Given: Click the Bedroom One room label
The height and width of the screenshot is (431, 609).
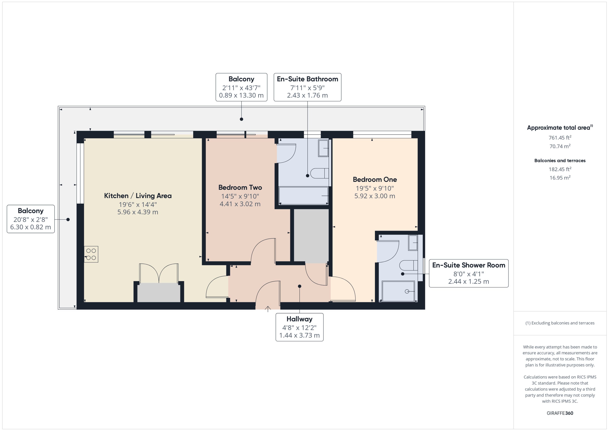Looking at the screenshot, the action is pyautogui.click(x=375, y=179).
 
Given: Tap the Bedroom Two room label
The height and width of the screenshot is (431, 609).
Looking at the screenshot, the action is pyautogui.click(x=240, y=187).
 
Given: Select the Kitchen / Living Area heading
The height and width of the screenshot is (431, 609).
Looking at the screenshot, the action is pyautogui.click(x=138, y=196).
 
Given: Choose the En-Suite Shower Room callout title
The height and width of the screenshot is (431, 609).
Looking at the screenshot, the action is pyautogui.click(x=469, y=265).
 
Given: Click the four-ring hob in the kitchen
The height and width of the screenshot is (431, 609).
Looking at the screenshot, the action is pyautogui.click(x=91, y=254).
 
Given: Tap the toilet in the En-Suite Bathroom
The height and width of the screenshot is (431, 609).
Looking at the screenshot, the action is pyautogui.click(x=319, y=173).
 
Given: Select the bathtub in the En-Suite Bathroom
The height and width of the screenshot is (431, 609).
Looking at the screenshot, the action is pyautogui.click(x=304, y=196).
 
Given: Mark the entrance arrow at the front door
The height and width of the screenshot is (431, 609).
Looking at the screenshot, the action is pyautogui.click(x=268, y=309).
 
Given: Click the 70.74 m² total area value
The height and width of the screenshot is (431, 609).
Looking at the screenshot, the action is pyautogui.click(x=560, y=146).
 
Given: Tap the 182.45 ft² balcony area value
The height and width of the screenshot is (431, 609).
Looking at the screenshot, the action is pyautogui.click(x=560, y=169).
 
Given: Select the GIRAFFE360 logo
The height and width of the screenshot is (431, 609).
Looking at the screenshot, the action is pyautogui.click(x=560, y=413).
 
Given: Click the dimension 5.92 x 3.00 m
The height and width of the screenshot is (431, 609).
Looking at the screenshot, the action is pyautogui.click(x=375, y=196).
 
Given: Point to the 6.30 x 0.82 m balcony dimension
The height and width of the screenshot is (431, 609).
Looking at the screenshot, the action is pyautogui.click(x=30, y=227).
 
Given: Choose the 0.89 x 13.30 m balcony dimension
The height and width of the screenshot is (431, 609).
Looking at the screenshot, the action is pyautogui.click(x=241, y=95).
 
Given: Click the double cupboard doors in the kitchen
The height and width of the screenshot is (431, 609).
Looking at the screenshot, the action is pyautogui.click(x=159, y=273).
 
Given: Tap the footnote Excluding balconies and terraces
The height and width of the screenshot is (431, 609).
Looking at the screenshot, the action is pyautogui.click(x=560, y=323).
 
